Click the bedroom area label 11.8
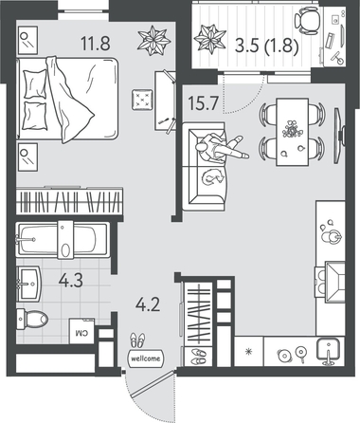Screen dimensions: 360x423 pos(96,43)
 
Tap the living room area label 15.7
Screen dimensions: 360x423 pos(203,103)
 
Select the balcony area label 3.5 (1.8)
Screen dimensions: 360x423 pos(267,47)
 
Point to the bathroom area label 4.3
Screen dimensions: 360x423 pos(71,280)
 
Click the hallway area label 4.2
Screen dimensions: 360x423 pos(148,304)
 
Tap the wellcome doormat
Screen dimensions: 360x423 pos(146,359)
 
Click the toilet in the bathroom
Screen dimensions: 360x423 pos(31,319)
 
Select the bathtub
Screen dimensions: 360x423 pos(63,240)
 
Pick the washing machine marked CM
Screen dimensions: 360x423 pos(81,331)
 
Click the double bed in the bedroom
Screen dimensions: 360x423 pos(67,99)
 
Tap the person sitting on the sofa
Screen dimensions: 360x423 pos(220,148)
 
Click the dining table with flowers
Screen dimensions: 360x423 pos(293,132)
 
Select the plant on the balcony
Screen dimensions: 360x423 pos(210,38)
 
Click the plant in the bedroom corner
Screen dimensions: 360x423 pos(154,40)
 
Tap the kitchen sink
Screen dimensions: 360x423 pos(328,351)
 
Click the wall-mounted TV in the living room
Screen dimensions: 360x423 pos(339,136)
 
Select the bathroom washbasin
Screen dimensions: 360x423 pos(29,284)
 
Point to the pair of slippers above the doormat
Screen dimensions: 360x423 pos(137,340)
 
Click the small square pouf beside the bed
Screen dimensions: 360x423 pos(142,100)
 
